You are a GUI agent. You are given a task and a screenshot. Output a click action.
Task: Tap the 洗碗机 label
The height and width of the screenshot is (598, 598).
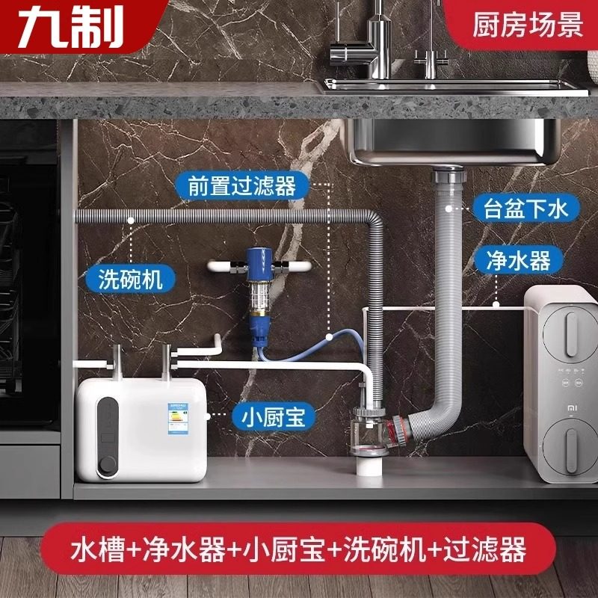pyautogui.click(x=130, y=280)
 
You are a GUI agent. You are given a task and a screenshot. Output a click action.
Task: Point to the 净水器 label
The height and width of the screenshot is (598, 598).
pyautogui.click(x=518, y=260)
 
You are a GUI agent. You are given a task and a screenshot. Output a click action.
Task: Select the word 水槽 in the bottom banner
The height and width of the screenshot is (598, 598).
pyautogui.click(x=100, y=550)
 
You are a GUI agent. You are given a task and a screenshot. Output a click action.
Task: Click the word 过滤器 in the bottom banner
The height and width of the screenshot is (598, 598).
pyautogui.click(x=486, y=550)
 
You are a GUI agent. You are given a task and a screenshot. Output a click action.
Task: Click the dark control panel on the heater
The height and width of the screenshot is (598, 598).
pyautogui.click(x=108, y=434)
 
